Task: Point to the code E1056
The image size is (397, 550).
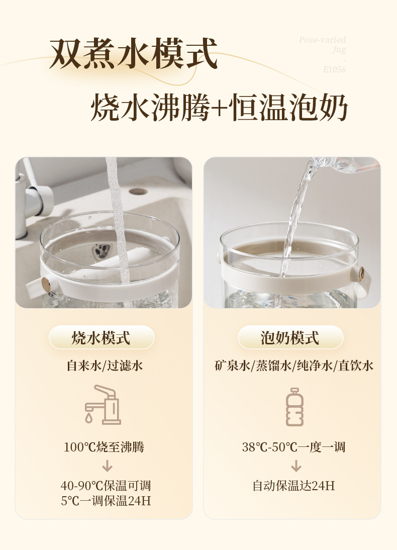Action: [x=334, y=70]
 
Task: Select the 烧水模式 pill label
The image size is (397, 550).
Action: [x=101, y=338]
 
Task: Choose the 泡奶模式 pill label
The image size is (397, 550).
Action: [x=290, y=338]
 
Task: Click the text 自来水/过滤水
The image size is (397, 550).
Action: [x=105, y=365]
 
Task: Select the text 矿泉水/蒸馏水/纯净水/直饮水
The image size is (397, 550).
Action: [x=294, y=365]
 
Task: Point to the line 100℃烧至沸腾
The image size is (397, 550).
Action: [x=104, y=446]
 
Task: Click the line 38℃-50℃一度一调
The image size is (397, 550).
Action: [x=294, y=446]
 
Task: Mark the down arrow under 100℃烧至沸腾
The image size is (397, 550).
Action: [x=107, y=467]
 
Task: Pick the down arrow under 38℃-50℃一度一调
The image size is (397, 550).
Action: [x=296, y=467]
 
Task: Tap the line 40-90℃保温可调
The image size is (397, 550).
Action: [x=106, y=486]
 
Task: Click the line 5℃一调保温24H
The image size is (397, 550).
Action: [x=106, y=501]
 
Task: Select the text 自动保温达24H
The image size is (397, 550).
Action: [x=294, y=486]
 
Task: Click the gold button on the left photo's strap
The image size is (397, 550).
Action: [x=46, y=285]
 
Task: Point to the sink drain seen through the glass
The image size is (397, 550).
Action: [x=102, y=250]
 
